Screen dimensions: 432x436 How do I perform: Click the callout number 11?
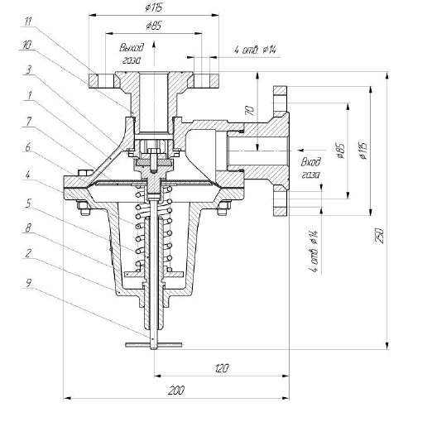point(29,22)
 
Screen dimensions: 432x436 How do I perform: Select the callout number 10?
point(27,45)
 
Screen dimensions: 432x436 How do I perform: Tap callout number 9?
point(28,283)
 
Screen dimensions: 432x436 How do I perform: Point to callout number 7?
point(28,122)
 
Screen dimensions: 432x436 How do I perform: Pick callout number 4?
point(28,175)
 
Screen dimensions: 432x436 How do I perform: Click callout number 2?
point(28,253)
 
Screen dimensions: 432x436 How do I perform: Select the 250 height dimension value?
point(380,236)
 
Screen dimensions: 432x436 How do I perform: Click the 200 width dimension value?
point(176,390)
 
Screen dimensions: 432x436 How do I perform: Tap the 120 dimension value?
point(222,368)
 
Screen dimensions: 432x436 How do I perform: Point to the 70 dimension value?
point(250,111)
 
